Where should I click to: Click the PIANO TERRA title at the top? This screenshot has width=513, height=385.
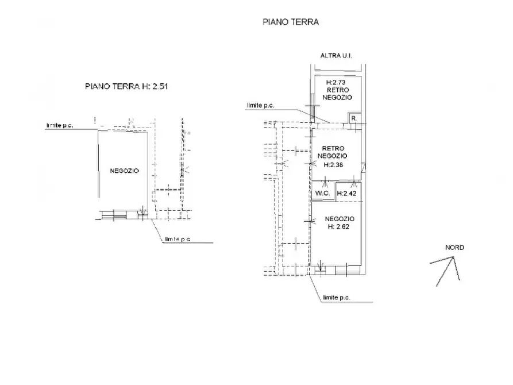pyautogui.click(x=291, y=22)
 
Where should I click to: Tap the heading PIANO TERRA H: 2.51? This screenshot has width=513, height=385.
pyautogui.click(x=126, y=86)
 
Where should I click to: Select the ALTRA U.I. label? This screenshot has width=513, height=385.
pyautogui.click(x=336, y=56)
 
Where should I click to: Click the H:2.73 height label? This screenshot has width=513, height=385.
pyautogui.click(x=335, y=82)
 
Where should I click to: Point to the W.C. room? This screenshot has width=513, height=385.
pyautogui.click(x=322, y=193)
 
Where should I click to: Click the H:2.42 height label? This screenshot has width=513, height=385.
pyautogui.click(x=346, y=194)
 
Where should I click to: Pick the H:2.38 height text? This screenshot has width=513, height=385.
pyautogui.click(x=333, y=165)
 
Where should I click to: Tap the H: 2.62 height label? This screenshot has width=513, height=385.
pyautogui.click(x=338, y=226)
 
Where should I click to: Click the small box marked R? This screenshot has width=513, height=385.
pyautogui.click(x=353, y=118)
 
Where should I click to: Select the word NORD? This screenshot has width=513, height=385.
pyautogui.click(x=454, y=248)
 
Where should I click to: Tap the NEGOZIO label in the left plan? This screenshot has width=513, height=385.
pyautogui.click(x=124, y=171)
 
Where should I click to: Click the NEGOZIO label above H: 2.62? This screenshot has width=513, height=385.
pyautogui.click(x=340, y=219)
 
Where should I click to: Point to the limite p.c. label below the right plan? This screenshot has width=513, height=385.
pyautogui.click(x=336, y=298)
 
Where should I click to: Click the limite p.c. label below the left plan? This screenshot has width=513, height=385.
pyautogui.click(x=178, y=239)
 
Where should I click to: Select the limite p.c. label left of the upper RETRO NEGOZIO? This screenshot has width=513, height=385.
pyautogui.click(x=260, y=105)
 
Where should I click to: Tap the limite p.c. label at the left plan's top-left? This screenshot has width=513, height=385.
pyautogui.click(x=60, y=125)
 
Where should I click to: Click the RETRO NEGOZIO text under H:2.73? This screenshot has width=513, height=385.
pyautogui.click(x=337, y=94)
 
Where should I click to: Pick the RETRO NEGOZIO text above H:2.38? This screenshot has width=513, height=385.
pyautogui.click(x=333, y=152)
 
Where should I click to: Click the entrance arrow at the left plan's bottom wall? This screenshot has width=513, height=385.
pyautogui.click(x=142, y=210)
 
